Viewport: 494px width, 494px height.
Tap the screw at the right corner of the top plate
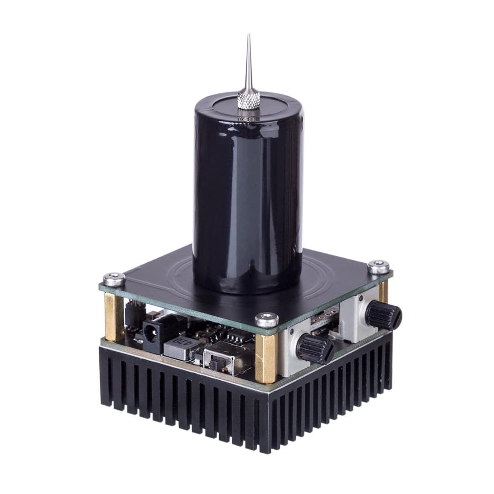tap(376, 267)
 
